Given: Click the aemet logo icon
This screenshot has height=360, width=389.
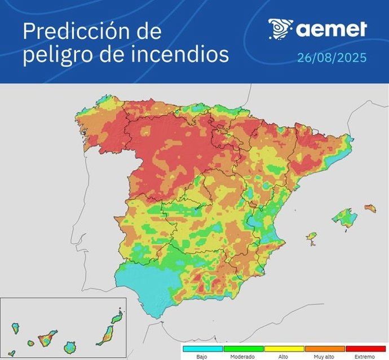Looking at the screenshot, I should tap(280, 29).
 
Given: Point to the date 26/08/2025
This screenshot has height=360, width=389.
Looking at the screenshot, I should tap(332, 58).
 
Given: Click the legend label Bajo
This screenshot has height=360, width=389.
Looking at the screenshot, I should tap(202, 357).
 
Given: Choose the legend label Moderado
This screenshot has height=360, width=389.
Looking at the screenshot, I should tap(243, 357).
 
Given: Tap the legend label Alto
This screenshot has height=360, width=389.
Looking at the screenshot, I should tap(284, 357).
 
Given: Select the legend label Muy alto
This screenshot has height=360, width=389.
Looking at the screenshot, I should tap(324, 357).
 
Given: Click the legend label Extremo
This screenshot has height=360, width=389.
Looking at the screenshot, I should tap(365, 357).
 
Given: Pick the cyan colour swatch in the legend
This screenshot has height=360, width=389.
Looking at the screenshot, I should tap(202, 349).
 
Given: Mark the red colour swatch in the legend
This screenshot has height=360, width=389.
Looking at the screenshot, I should tap(365, 349).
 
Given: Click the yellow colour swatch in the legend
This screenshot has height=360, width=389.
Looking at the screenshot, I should tap(284, 349).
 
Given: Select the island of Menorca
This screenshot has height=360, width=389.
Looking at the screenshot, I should tap(370, 208).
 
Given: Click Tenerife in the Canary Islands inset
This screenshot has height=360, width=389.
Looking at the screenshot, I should tap(45, 339).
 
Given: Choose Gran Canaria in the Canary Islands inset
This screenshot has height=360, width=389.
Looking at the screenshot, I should tap(70, 345).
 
